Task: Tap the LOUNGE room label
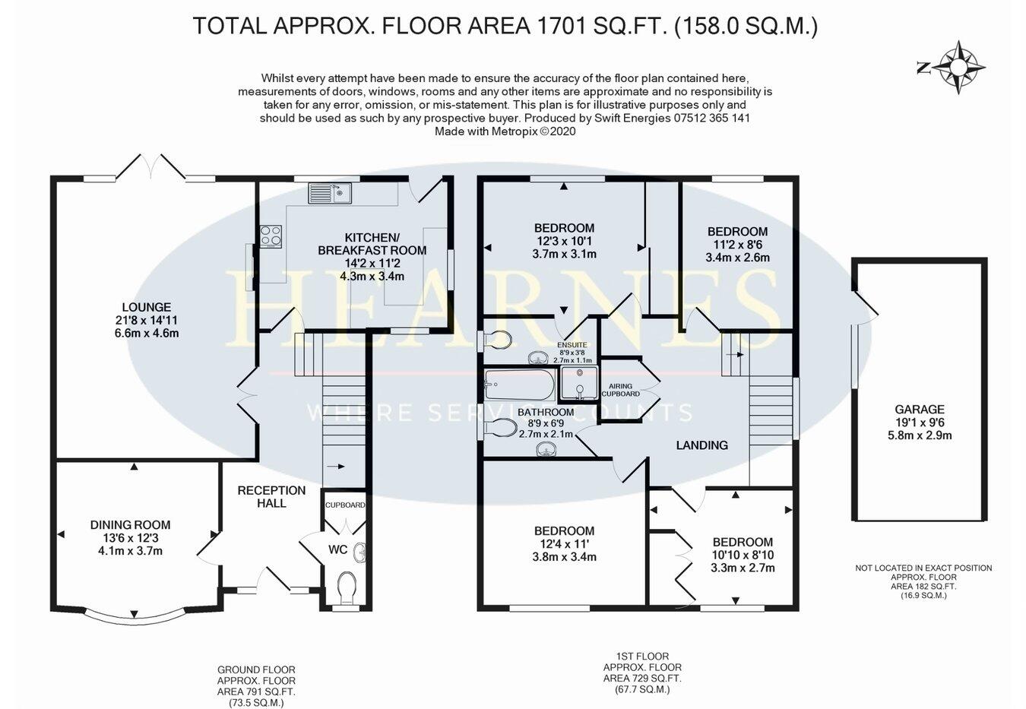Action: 143,308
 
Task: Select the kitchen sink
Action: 329,193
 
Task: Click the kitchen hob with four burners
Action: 271,236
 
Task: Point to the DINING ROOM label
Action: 130,525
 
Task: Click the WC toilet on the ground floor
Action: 346,586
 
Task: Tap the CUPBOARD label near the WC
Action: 345,505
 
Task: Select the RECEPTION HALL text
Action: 271,496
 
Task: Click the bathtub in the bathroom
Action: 521,385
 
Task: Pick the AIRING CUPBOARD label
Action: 620,390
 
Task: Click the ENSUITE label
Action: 572,344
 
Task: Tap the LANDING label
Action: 701,445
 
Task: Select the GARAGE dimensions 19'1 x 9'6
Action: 920,423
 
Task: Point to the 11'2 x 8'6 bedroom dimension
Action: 737,245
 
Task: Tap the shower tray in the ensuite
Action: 578,384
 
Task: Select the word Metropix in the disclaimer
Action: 511,131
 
